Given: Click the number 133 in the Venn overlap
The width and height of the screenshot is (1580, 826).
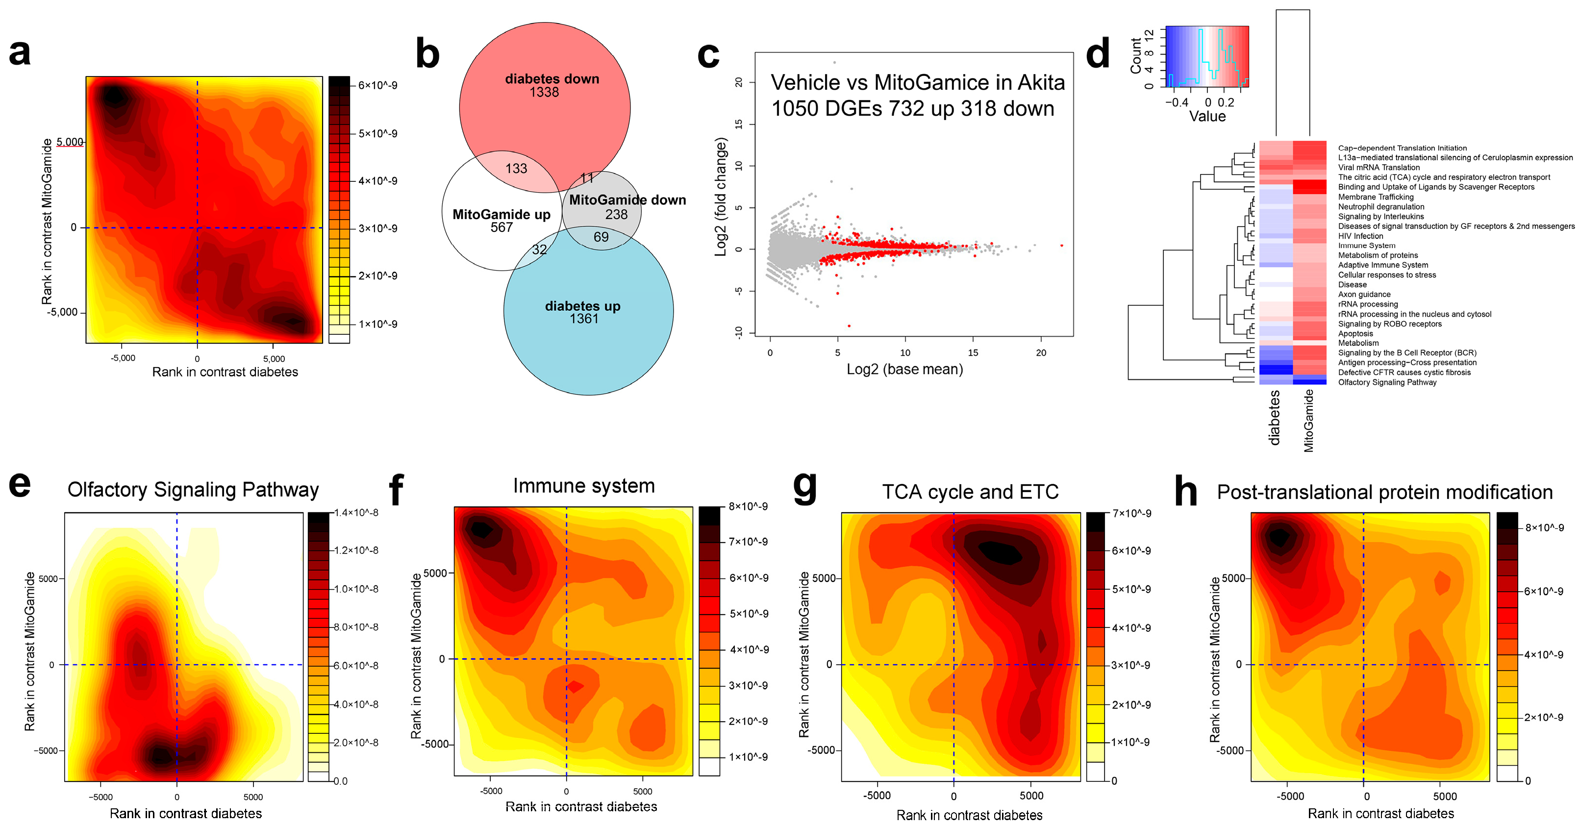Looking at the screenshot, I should tap(516, 169).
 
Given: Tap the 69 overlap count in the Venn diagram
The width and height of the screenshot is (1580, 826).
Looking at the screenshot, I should tap(601, 237).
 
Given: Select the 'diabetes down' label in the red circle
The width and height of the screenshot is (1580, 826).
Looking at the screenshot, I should tap(552, 79).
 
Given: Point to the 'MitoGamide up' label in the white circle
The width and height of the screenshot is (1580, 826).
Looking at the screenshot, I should tap(501, 215).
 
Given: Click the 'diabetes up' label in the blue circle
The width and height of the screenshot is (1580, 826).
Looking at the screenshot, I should tap(583, 306).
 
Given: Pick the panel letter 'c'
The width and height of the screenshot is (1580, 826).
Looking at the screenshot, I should tap(708, 55).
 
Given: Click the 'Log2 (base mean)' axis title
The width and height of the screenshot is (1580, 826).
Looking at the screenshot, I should tap(904, 369).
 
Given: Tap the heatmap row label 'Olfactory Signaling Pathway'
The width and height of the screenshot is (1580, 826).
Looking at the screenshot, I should tap(1387, 382).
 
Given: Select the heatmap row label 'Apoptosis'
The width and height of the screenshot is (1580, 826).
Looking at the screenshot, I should tap(1355, 334).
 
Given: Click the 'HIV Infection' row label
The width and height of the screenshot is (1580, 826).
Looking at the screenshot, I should tap(1360, 236).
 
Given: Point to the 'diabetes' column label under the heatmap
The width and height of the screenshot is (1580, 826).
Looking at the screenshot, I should tap(1275, 417).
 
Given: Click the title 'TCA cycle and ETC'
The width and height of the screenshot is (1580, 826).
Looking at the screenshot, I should tap(970, 492).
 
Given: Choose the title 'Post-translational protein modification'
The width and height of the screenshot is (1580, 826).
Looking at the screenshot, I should tap(1384, 492).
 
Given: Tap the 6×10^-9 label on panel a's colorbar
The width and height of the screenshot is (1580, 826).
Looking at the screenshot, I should tap(378, 85).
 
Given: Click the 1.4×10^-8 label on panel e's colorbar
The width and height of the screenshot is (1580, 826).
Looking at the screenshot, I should tap(356, 513).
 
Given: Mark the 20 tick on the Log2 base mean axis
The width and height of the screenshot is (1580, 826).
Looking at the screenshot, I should tap(1041, 352).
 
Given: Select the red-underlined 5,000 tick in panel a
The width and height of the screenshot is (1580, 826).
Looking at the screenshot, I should tap(70, 142).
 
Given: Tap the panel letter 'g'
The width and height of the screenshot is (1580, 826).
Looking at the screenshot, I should tap(805, 486).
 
